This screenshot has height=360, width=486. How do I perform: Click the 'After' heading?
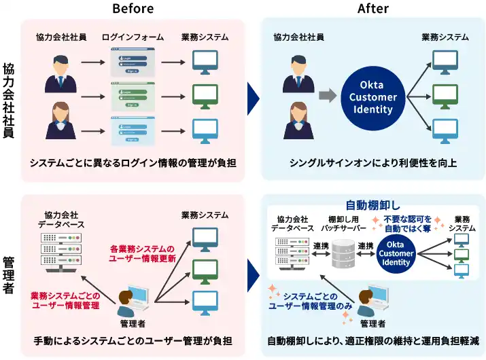373,9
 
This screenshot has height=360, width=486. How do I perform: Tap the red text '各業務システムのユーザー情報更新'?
142,253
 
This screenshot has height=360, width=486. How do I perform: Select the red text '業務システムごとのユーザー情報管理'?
65,301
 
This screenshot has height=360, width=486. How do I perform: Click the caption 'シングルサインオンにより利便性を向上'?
372,163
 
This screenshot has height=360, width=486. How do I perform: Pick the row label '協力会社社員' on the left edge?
9,100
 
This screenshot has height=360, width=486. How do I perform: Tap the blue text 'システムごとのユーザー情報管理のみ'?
310,301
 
